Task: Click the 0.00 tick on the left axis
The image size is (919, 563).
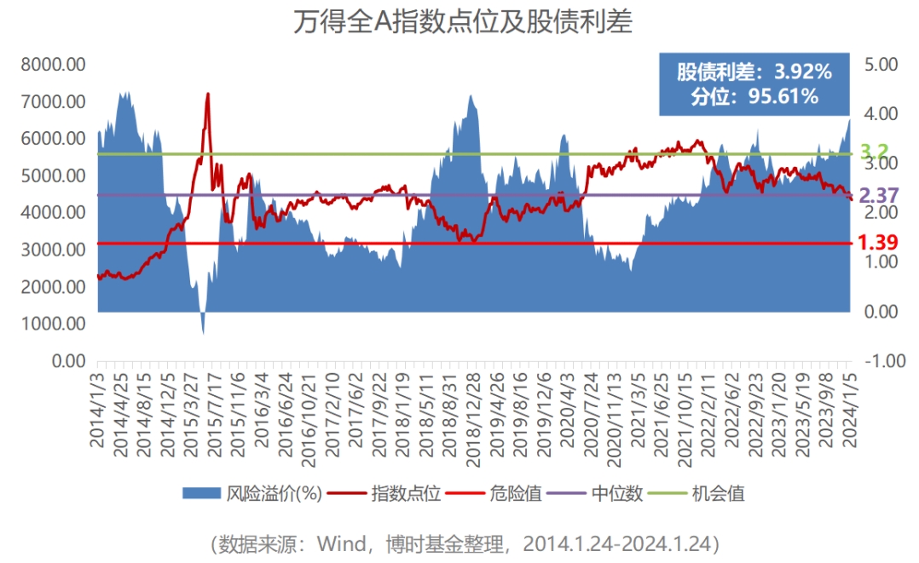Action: (67, 361)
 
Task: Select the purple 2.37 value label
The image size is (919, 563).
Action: (878, 196)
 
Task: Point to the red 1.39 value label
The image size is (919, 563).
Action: (878, 243)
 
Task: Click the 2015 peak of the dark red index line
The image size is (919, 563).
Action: (207, 94)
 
